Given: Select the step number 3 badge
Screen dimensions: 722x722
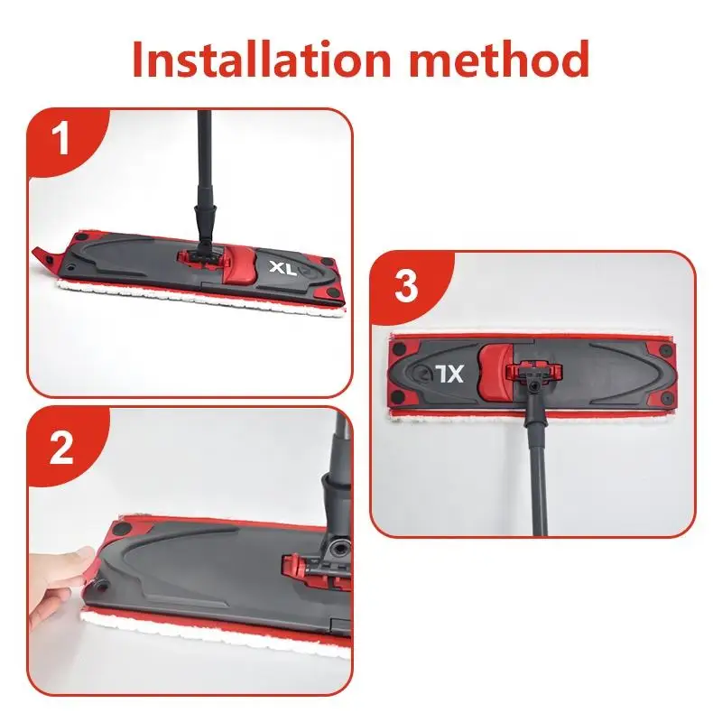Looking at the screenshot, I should tap(406, 286).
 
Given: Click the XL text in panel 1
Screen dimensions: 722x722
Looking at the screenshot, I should tap(282, 268).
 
